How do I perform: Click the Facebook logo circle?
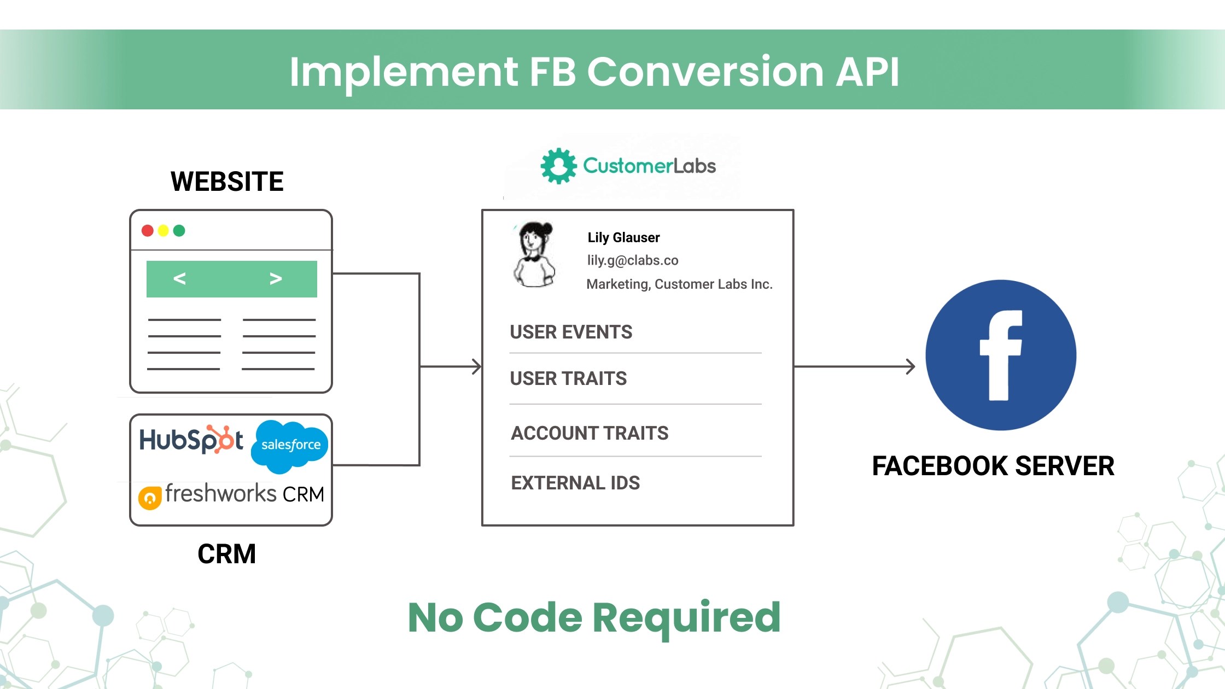[x=1000, y=355]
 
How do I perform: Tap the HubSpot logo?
[x=191, y=440]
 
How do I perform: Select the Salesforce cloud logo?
[x=290, y=445]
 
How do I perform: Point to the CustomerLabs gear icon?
[x=558, y=166]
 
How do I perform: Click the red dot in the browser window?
[x=147, y=231]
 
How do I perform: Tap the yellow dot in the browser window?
[x=163, y=231]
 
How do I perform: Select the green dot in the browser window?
[x=179, y=231]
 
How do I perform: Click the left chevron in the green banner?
[x=179, y=279]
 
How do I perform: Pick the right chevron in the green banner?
[x=276, y=279]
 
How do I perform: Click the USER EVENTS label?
[x=571, y=332]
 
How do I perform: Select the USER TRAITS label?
[x=568, y=378]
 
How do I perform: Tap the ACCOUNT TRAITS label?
[x=590, y=433]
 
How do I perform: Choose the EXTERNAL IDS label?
[x=575, y=483]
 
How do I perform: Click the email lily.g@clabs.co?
[x=633, y=260]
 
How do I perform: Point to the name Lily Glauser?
[x=623, y=237]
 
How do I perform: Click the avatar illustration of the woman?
[x=534, y=254]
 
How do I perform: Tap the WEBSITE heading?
[x=227, y=182]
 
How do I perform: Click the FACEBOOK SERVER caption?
[x=993, y=466]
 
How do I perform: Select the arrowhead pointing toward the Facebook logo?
[x=911, y=366]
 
